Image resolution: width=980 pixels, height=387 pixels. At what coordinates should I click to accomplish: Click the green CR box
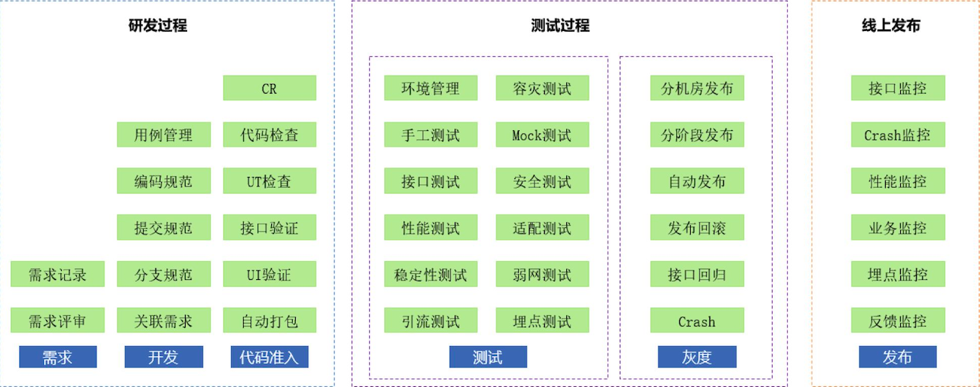[x=269, y=88]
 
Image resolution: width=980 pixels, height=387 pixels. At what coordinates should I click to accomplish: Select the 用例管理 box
[x=163, y=135]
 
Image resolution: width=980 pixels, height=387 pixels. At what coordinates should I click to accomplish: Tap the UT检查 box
[x=269, y=181]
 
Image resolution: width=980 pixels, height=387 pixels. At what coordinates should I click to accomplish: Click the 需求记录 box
[x=58, y=274]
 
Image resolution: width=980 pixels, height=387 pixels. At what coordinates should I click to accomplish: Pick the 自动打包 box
[x=269, y=321]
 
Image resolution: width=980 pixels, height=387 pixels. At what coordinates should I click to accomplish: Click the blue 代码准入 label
[x=269, y=357]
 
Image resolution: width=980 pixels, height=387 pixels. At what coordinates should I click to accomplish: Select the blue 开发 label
[x=163, y=357]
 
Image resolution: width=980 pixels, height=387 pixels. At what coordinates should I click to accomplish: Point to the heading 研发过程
[x=158, y=26]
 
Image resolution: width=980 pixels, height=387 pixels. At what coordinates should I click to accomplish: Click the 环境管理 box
[x=430, y=88]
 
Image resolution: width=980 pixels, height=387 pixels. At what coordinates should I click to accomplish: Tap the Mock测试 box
[x=542, y=135]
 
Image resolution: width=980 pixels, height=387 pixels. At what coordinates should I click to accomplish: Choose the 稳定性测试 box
[x=430, y=274]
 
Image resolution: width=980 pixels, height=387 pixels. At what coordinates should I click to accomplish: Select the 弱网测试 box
[x=542, y=274]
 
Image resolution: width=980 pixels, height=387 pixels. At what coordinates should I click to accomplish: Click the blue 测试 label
[x=488, y=357]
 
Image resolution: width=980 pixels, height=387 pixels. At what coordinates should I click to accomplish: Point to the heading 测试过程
[x=560, y=26]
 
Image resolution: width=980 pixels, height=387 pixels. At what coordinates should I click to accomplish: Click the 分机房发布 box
[x=697, y=88]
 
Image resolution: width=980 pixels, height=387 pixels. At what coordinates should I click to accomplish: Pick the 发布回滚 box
[x=697, y=228]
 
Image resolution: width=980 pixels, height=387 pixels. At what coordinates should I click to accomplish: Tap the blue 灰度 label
[x=697, y=357]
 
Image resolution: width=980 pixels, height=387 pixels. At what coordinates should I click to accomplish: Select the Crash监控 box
[x=897, y=135]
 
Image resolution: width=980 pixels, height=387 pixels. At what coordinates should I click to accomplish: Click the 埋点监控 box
[x=897, y=274]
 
